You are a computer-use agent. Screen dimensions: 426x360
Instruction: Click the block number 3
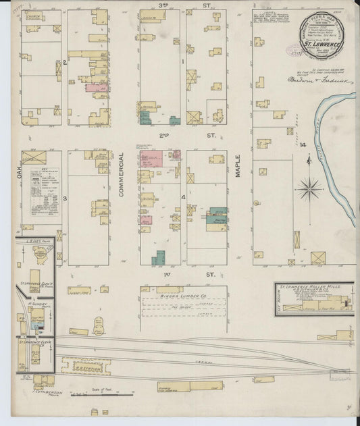click(x=65, y=198)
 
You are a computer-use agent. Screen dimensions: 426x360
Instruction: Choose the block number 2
click(x=64, y=62)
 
